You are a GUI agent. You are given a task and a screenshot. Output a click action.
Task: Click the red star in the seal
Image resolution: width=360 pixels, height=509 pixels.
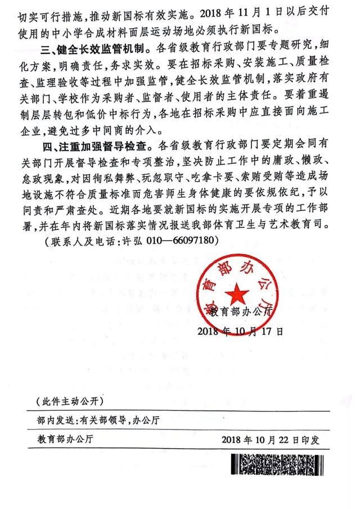pos(238,292)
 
